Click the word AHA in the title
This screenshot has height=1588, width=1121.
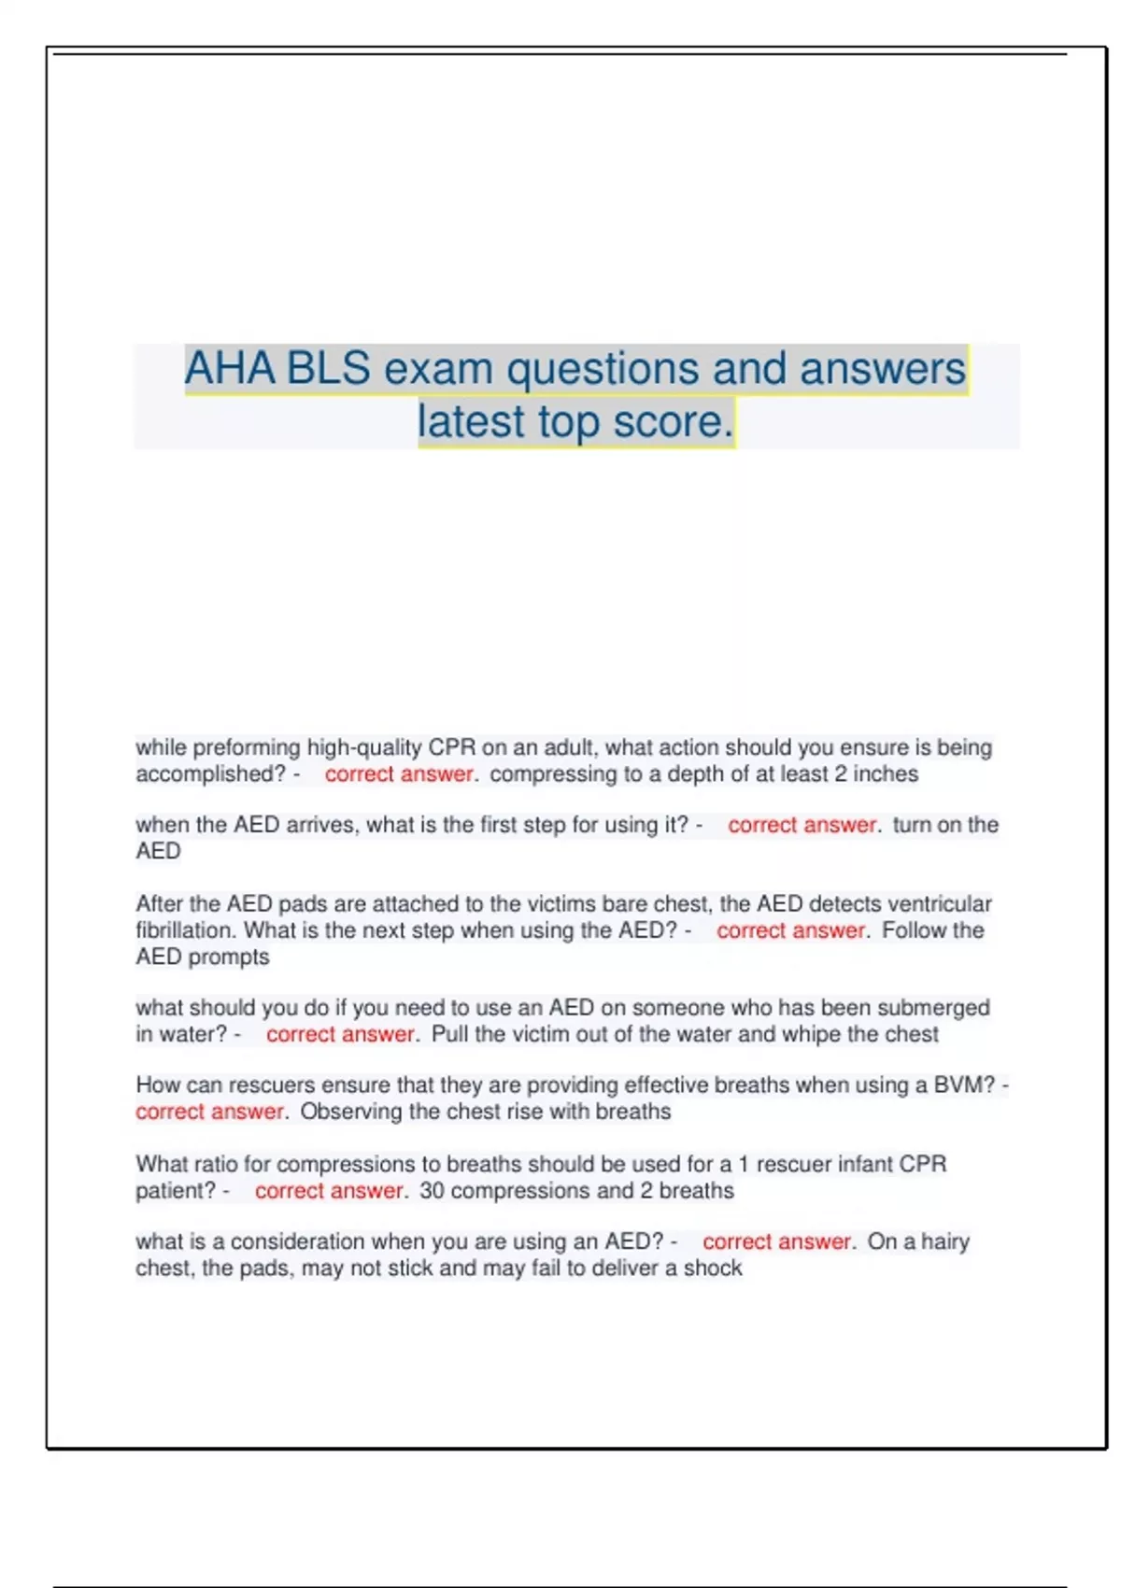coord(230,368)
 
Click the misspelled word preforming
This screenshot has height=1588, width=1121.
coord(248,747)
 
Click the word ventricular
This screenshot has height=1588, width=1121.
coord(939,903)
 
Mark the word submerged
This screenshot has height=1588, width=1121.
coord(933,1008)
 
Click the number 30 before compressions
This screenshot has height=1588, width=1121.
coord(432,1190)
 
